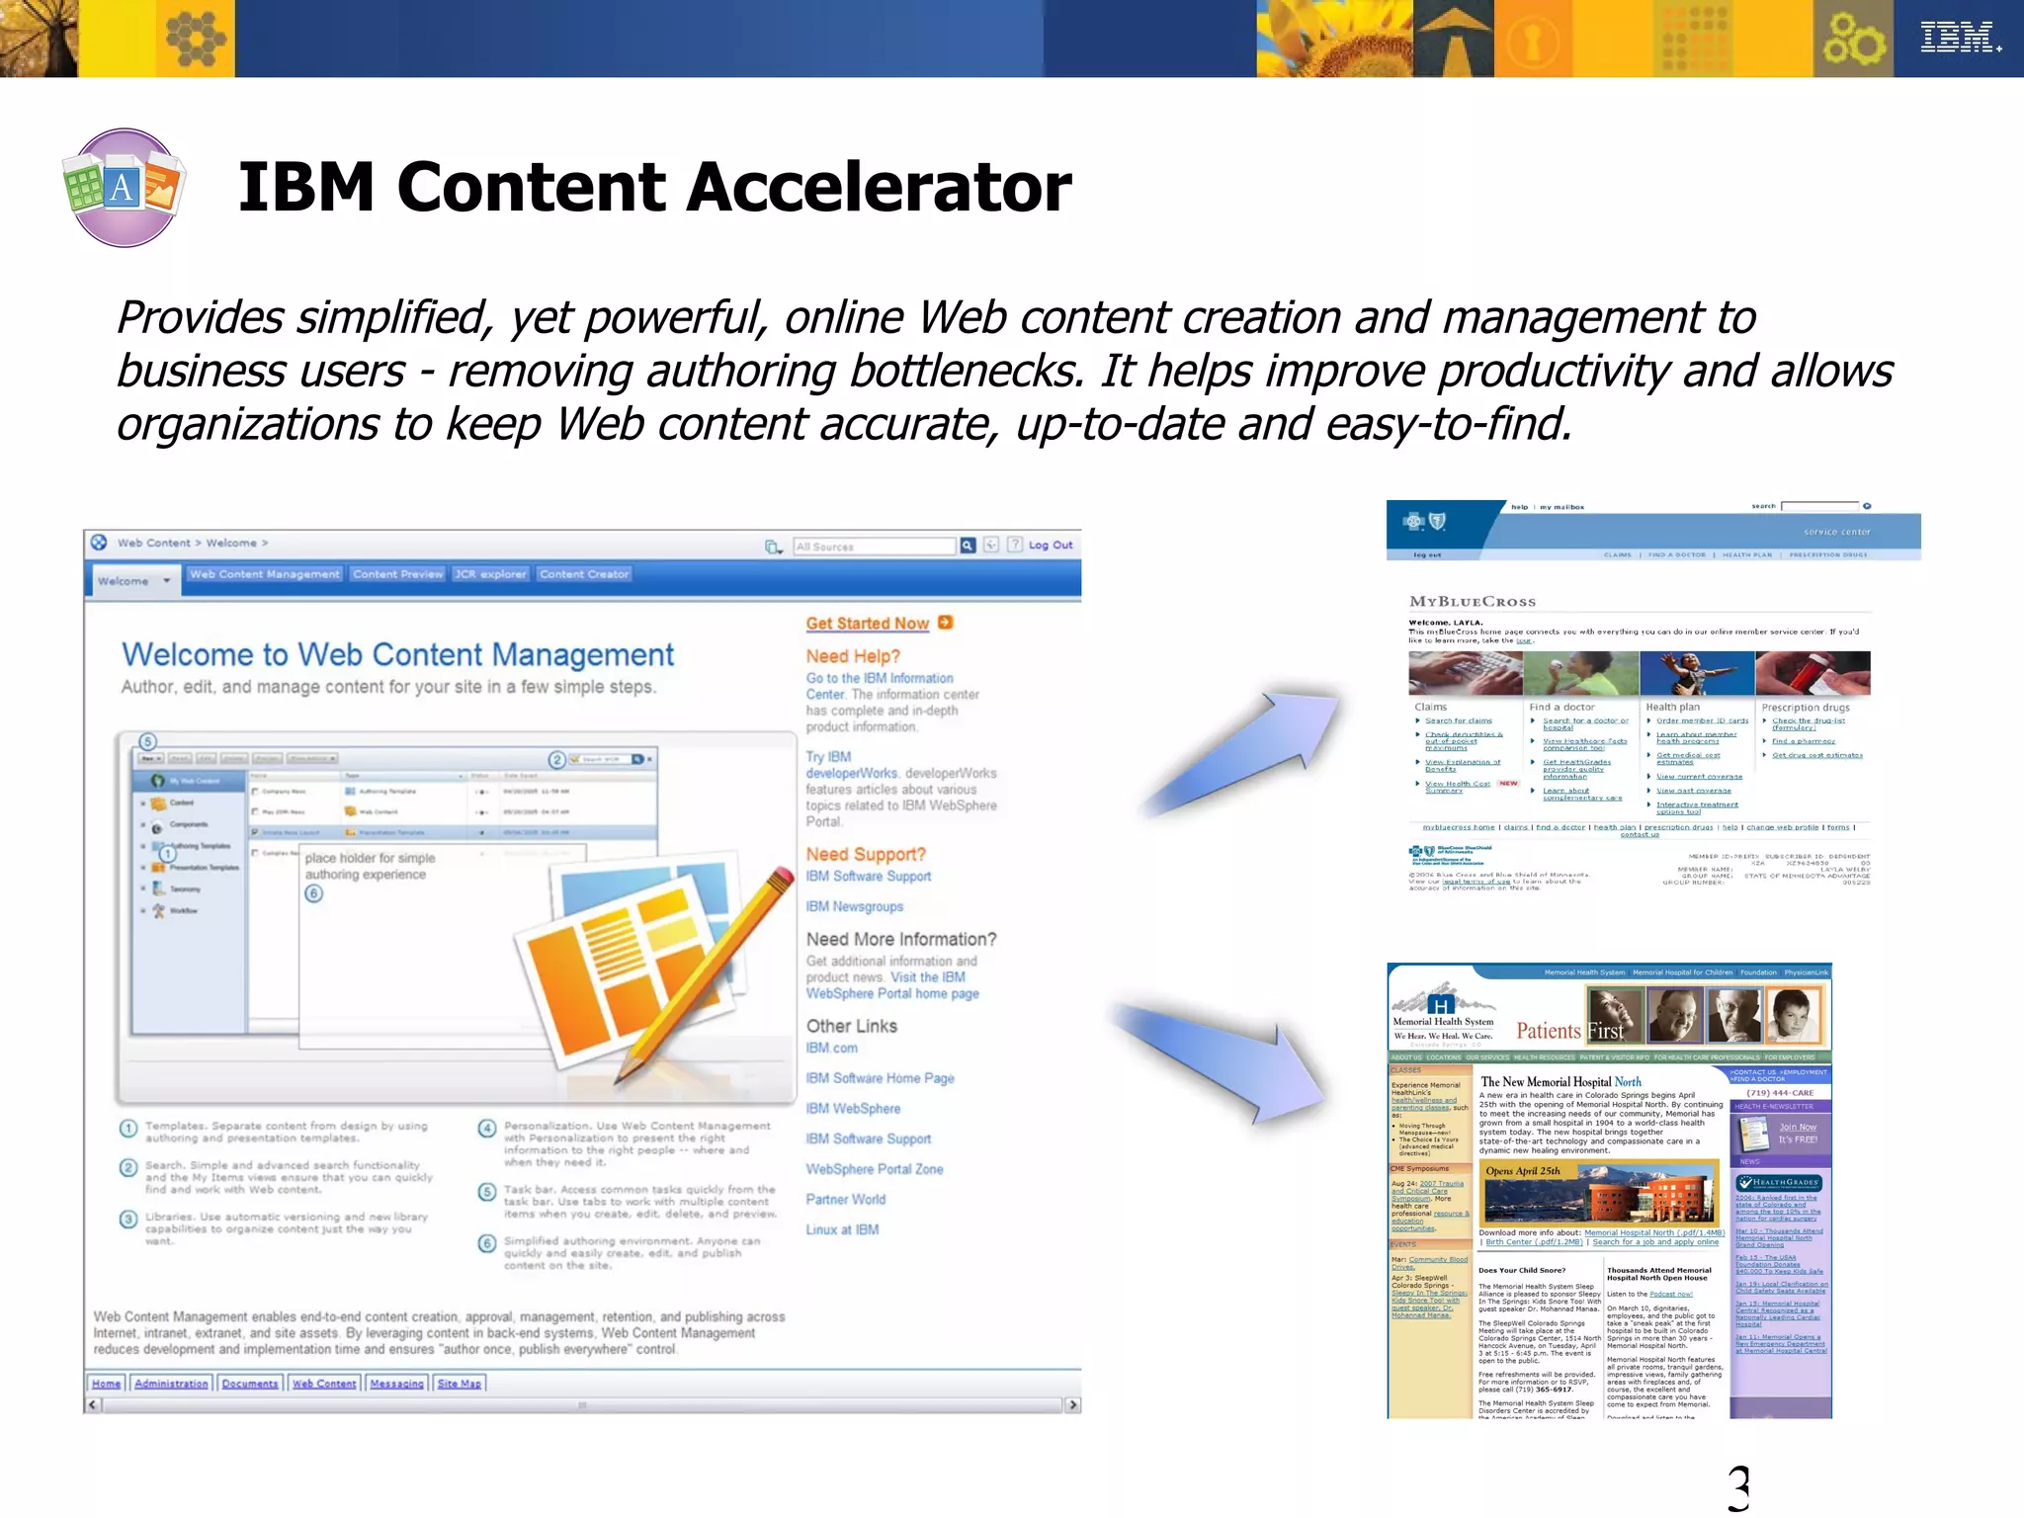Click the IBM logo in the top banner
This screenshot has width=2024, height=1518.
point(1959,38)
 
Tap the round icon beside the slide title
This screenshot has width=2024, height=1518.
point(124,188)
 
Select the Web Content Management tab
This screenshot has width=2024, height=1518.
point(265,574)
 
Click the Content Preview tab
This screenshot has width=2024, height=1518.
point(398,574)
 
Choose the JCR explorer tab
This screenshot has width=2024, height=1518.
point(490,574)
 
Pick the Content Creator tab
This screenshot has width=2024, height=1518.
point(584,574)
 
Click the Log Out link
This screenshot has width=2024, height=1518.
point(1050,546)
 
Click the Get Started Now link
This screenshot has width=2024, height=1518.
point(868,624)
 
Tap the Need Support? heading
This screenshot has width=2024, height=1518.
point(866,855)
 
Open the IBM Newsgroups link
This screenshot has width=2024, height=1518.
point(854,907)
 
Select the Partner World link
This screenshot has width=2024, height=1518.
point(845,1200)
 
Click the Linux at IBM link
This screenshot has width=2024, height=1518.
point(842,1230)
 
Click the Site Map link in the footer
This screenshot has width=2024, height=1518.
point(459,1385)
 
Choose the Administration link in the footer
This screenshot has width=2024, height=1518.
point(171,1385)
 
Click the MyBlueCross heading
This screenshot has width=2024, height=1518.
point(1473,602)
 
